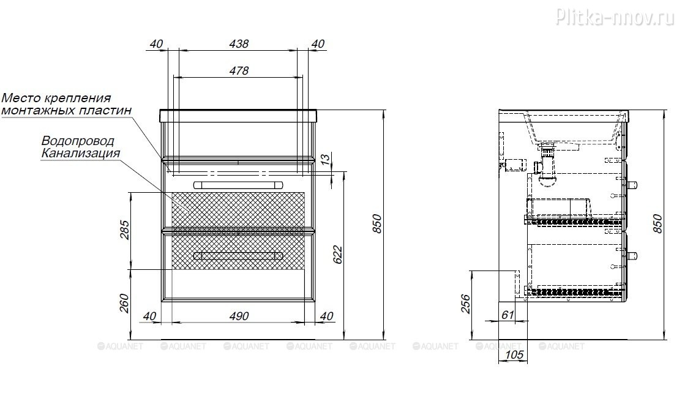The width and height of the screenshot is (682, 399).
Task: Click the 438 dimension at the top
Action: pyautogui.click(x=239, y=44)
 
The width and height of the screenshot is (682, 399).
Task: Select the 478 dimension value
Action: pyautogui.click(x=239, y=70)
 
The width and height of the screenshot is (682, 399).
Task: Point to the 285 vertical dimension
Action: pyautogui.click(x=125, y=230)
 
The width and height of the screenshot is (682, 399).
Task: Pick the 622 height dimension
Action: pyautogui.click(x=338, y=255)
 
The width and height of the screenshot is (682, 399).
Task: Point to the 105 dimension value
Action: pyautogui.click(x=514, y=355)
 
